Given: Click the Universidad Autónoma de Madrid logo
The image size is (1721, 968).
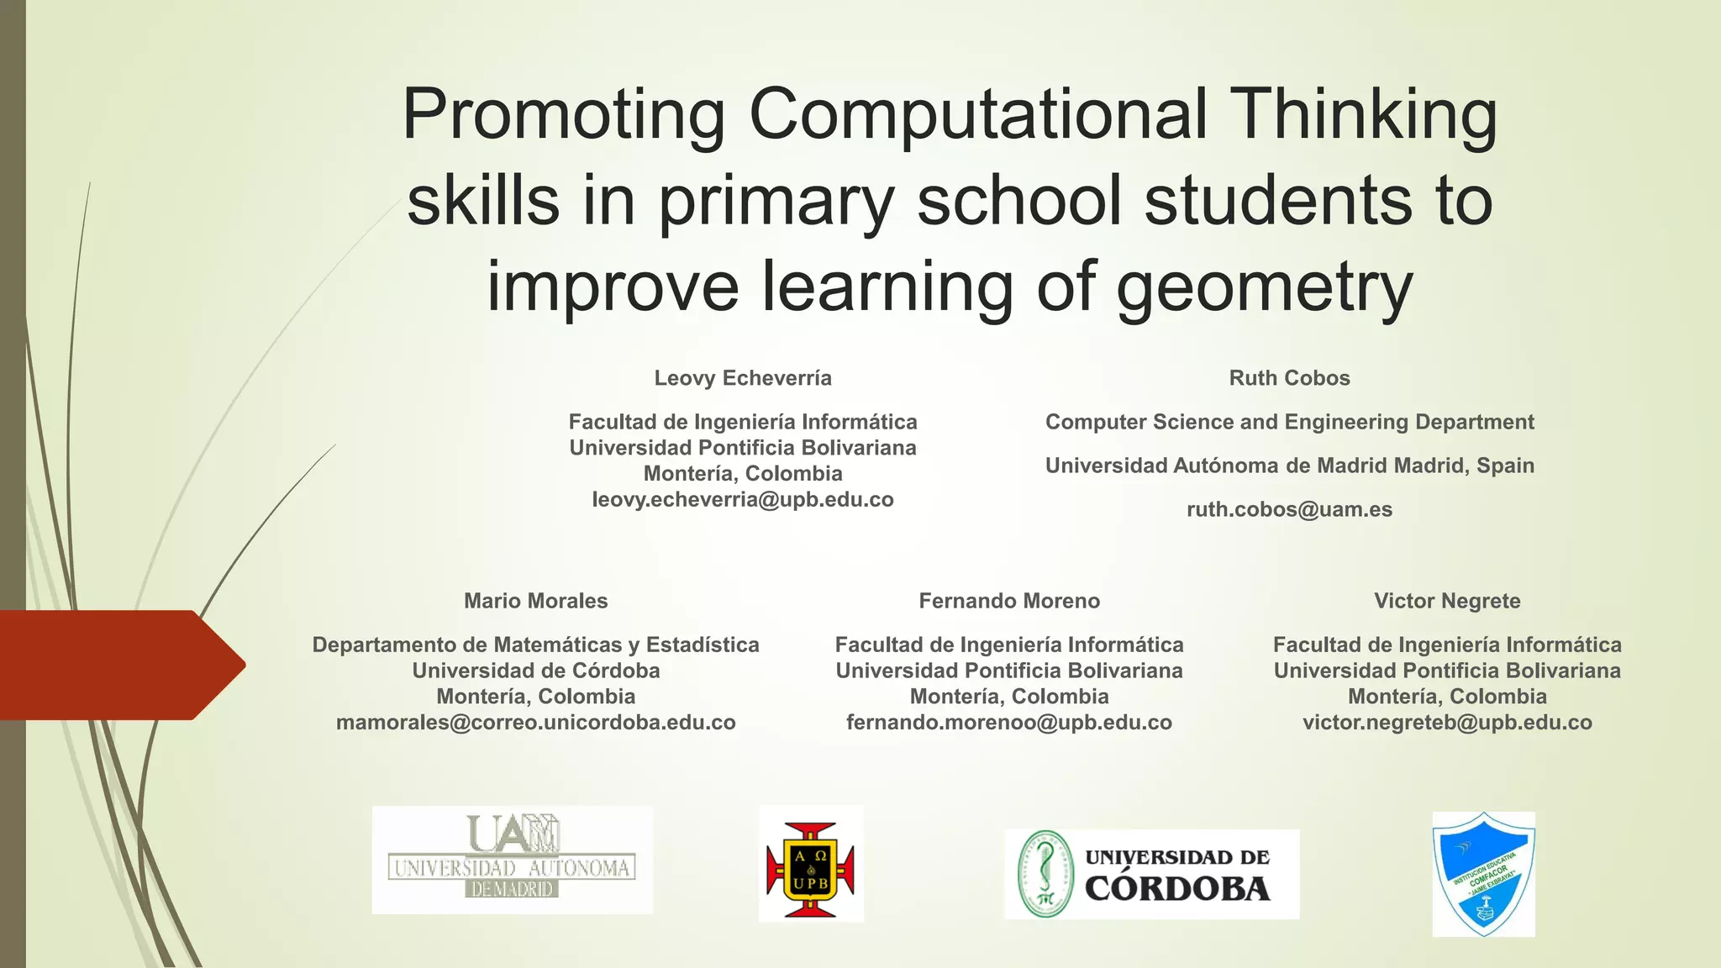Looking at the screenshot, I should pyautogui.click(x=512, y=859).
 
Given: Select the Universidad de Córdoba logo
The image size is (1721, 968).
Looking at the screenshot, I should pyautogui.click(x=1151, y=874).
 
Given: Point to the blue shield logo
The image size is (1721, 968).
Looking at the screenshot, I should pyautogui.click(x=1483, y=874).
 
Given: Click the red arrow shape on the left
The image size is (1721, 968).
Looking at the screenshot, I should pyautogui.click(x=118, y=665).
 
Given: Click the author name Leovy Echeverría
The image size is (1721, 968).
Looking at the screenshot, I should pyautogui.click(x=743, y=378).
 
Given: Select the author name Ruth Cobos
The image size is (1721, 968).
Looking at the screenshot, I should pyautogui.click(x=1289, y=378).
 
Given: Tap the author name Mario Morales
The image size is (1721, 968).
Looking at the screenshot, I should pyautogui.click(x=535, y=601).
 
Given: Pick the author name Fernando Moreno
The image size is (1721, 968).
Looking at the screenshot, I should pyautogui.click(x=1008, y=601).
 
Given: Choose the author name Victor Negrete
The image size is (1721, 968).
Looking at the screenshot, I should pyautogui.click(x=1447, y=601).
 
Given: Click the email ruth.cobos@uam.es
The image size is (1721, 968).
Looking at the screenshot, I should pyautogui.click(x=1289, y=509).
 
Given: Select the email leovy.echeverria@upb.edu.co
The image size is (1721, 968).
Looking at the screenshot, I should pyautogui.click(x=743, y=500).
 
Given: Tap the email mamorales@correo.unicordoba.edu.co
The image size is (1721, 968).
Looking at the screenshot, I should pyautogui.click(x=535, y=723).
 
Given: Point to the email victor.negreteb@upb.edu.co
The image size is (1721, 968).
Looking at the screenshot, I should pyautogui.click(x=1447, y=723).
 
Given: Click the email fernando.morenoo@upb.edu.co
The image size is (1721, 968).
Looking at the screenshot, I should pyautogui.click(x=1008, y=723).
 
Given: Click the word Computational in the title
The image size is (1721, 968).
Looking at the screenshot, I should pyautogui.click(x=977, y=114).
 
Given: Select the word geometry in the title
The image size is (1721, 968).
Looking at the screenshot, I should pyautogui.click(x=1264, y=287).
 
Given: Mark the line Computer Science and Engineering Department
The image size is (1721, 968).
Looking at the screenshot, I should pyautogui.click(x=1289, y=422).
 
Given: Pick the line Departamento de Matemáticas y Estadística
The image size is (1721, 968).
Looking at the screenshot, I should pyautogui.click(x=535, y=644).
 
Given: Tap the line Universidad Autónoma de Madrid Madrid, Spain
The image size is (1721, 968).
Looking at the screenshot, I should pyautogui.click(x=1289, y=466).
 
